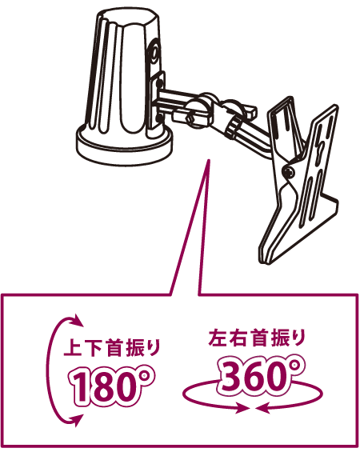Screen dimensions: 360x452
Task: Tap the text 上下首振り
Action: tap(112, 348)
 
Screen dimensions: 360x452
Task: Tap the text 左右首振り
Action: tap(257, 338)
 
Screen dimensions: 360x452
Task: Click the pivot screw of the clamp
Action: tap(289, 172)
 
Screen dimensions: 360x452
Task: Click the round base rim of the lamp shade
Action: tap(125, 149)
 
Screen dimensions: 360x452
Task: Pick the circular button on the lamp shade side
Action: tap(156, 54)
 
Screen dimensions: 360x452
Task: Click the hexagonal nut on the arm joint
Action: tap(191, 118)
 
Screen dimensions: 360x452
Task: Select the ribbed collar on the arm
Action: tap(233, 129)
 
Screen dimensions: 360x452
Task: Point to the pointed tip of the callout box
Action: tap(209, 160)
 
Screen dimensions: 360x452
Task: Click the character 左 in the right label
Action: tap(218, 338)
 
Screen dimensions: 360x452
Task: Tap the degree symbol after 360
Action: tap(295, 366)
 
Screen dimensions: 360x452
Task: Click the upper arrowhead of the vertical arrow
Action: tap(78, 320)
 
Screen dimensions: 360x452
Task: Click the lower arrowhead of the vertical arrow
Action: tap(78, 420)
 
